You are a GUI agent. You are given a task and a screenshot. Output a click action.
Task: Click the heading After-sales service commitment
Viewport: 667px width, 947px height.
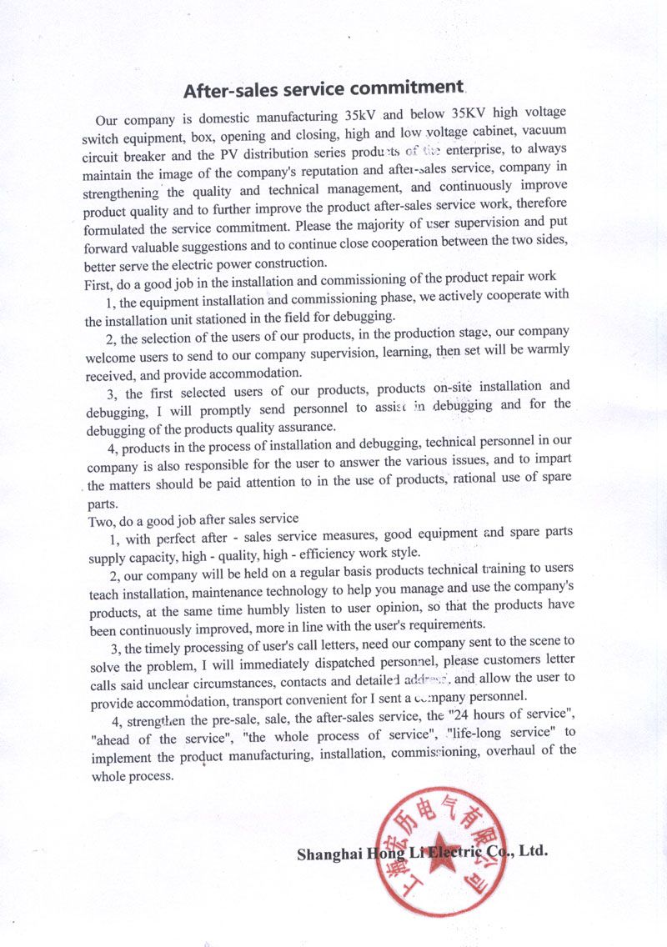click(x=323, y=88)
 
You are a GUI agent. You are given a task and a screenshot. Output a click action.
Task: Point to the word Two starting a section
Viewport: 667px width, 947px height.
click(x=99, y=520)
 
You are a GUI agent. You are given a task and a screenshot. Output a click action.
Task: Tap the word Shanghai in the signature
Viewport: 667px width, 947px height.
click(x=330, y=853)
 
